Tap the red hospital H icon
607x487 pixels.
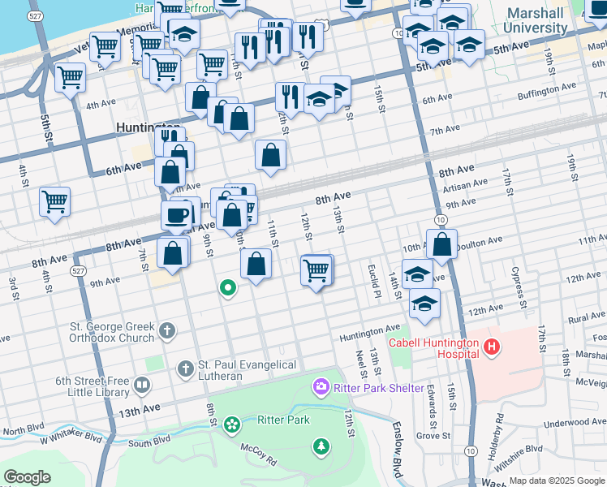pyautogui.click(x=490, y=348)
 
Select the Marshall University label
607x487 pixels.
pyautogui.click(x=536, y=20)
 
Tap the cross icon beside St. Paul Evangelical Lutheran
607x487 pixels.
pyautogui.click(x=185, y=370)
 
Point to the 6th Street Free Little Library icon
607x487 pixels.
pyautogui.click(x=142, y=384)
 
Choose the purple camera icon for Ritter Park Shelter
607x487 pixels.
pyautogui.click(x=321, y=386)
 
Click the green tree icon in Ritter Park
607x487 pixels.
pyautogui.click(x=322, y=446)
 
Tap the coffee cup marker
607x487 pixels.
pyautogui.click(x=177, y=216)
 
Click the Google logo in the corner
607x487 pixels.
pyautogui.click(x=27, y=477)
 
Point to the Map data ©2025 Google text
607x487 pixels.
pyautogui.click(x=556, y=481)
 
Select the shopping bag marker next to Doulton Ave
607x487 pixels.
pyautogui.click(x=442, y=243)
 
